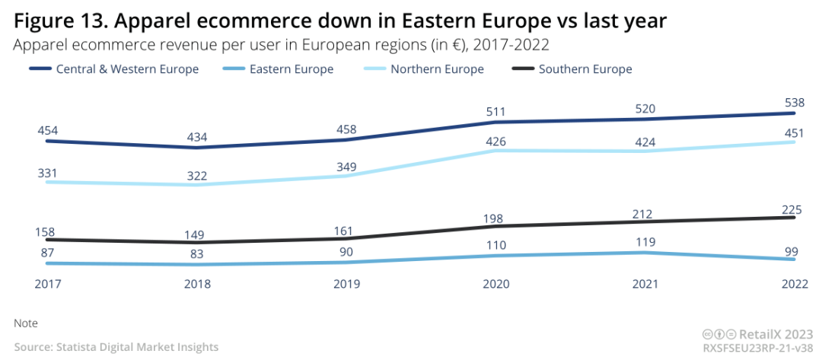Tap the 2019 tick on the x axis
tap(346, 285)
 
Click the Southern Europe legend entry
tap(585, 69)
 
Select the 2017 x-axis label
tap(47, 285)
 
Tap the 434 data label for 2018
tap(196, 137)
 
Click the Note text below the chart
tap(26, 323)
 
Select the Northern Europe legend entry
tap(437, 69)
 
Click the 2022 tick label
tap(795, 285)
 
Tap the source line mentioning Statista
tap(116, 347)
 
